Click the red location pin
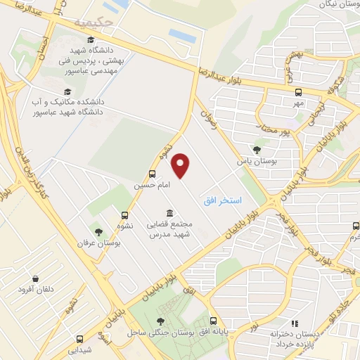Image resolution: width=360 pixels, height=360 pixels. coord(181,165)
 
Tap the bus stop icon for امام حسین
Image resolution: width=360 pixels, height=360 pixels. coord(153,174)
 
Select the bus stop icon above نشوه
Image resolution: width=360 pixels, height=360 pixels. coord(125,215)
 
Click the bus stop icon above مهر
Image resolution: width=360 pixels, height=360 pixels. coord(299,92)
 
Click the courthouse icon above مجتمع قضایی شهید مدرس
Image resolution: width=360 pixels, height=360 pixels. coord(169,213)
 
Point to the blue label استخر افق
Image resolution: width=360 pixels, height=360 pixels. coord(222,201)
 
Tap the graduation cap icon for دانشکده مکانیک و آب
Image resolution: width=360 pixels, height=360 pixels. coord(67,91)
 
